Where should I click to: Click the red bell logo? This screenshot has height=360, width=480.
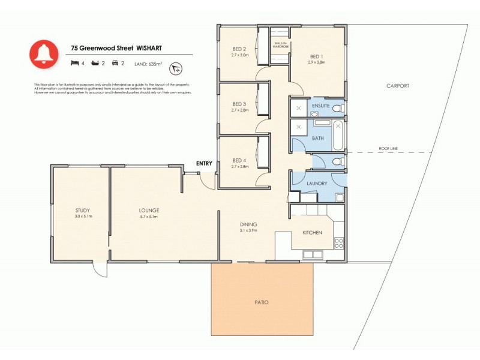pos(43,55)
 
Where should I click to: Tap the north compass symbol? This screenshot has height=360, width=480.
pos(176,67)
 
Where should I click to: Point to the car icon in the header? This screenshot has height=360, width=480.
pos(115,62)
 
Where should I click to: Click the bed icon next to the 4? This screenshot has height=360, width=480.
pos(74,62)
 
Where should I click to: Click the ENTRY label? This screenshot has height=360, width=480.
pos(204,163)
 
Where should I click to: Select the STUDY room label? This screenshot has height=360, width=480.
pos(83,210)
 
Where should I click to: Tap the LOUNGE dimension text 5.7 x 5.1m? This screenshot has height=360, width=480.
pos(148,217)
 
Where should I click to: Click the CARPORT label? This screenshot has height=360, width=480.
pos(397,86)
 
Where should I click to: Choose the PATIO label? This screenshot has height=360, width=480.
pos(262,302)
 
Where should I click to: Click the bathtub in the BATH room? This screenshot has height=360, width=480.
pos(337,136)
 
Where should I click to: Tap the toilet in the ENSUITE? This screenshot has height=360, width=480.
pos(338,108)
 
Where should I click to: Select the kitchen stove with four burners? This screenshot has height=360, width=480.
pos(338,243)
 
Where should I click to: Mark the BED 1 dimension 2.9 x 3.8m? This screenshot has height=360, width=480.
pos(316,62)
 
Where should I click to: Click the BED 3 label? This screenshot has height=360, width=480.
pos(240,104)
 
